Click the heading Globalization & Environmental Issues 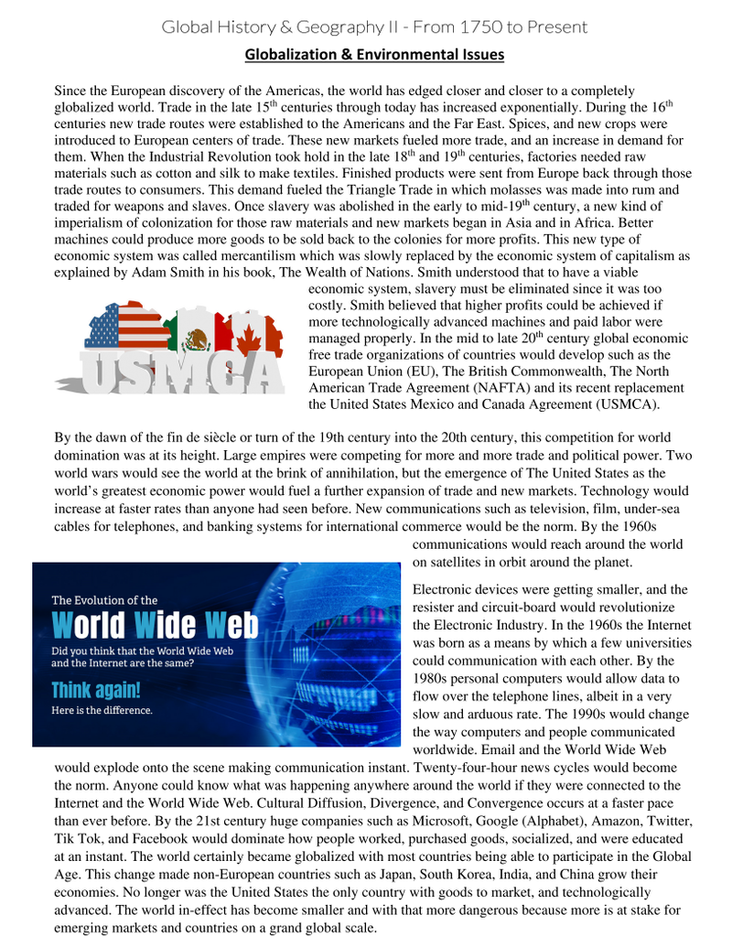click(374, 55)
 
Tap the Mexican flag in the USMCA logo click(197, 335)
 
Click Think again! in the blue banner click(96, 689)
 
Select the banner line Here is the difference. click(102, 710)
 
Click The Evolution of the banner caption click(104, 600)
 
